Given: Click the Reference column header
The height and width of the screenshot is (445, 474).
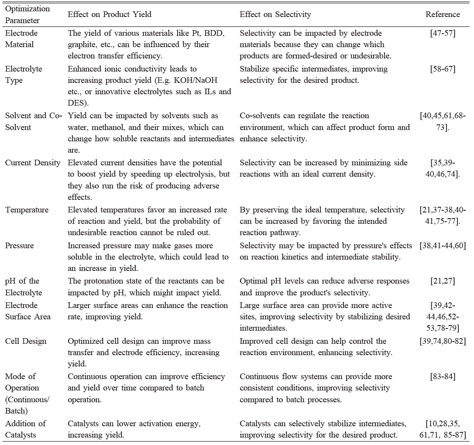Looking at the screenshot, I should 443,14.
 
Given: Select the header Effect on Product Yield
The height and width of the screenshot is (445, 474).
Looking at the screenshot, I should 110,14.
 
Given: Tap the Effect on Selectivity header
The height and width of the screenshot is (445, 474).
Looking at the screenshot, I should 275,14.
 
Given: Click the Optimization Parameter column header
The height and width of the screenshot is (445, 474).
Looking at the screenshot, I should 27,14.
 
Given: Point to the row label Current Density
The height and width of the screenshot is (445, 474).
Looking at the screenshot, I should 33,163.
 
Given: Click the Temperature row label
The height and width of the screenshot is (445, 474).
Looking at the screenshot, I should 27,210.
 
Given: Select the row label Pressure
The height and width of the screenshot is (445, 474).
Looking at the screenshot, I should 20,246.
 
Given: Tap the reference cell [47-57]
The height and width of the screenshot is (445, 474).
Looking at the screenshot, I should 443,33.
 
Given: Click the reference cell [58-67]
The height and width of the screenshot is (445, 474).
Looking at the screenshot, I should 443,69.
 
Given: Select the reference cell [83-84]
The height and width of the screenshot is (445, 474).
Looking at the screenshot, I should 443,376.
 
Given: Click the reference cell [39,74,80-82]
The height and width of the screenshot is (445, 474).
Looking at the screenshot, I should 443,341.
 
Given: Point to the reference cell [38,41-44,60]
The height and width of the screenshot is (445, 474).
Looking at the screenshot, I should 443,246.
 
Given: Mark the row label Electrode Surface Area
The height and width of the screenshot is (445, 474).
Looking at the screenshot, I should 27,311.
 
